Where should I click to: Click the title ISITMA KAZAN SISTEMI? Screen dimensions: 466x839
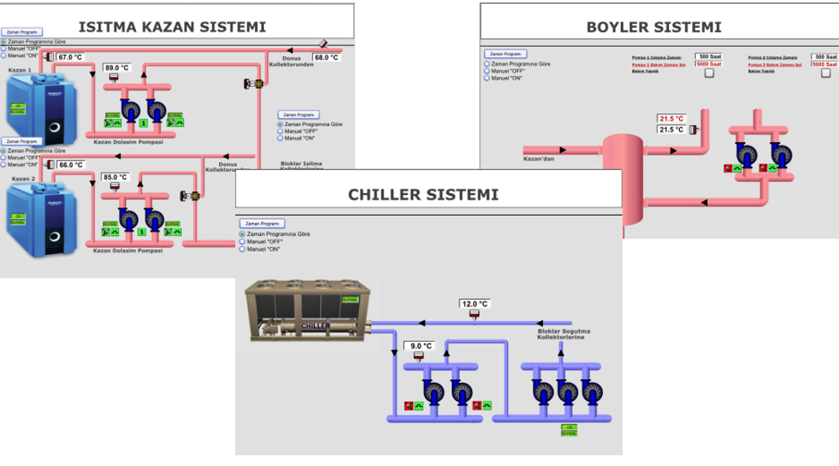click(172, 27)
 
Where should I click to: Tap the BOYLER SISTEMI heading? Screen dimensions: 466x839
click(653, 27)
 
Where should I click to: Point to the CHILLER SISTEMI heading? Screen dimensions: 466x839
click(423, 194)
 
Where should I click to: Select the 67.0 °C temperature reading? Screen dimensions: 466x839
click(69, 57)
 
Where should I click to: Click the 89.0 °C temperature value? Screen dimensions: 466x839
click(117, 68)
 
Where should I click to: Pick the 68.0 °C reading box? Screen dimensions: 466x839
click(326, 57)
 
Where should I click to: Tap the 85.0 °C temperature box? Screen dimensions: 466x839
click(115, 177)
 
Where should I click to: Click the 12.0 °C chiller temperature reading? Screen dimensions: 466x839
click(474, 304)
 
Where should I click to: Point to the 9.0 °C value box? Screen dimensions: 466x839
click(418, 346)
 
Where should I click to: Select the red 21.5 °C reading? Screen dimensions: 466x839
click(671, 119)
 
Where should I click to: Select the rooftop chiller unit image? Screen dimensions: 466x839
click(308, 311)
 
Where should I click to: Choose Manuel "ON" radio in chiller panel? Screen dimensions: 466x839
click(242, 249)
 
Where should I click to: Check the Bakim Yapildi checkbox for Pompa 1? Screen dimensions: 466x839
click(708, 72)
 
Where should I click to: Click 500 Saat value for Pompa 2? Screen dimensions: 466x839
click(824, 57)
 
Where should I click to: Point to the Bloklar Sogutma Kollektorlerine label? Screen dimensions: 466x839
click(561, 334)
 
